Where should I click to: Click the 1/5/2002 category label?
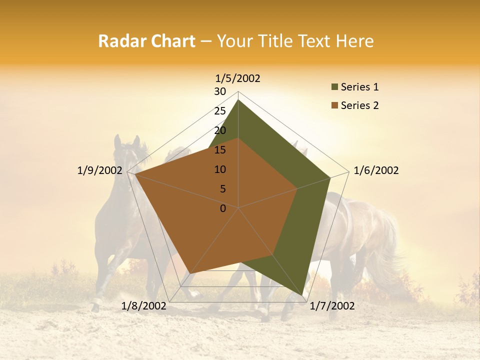[x=237, y=78]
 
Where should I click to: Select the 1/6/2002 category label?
[x=376, y=170]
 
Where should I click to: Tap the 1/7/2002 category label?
[x=332, y=306]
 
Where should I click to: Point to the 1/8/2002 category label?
[x=144, y=306]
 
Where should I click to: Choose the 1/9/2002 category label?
[x=99, y=170]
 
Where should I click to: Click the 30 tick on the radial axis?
[x=220, y=91]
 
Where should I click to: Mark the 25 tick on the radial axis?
[x=220, y=111]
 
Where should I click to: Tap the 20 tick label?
[x=220, y=130]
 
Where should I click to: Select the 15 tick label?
[x=220, y=150]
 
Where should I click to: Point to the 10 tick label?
[x=220, y=169]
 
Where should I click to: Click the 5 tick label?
[x=222, y=189]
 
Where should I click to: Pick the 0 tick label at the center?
[x=223, y=208]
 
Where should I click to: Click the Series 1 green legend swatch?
[x=334, y=87]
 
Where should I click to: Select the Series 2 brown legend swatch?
[x=334, y=105]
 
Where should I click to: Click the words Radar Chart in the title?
[x=146, y=41]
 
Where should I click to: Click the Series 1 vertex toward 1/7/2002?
[x=303, y=295]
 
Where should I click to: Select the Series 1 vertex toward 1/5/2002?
[x=238, y=99]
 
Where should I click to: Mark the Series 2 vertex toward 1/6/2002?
[x=297, y=188]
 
